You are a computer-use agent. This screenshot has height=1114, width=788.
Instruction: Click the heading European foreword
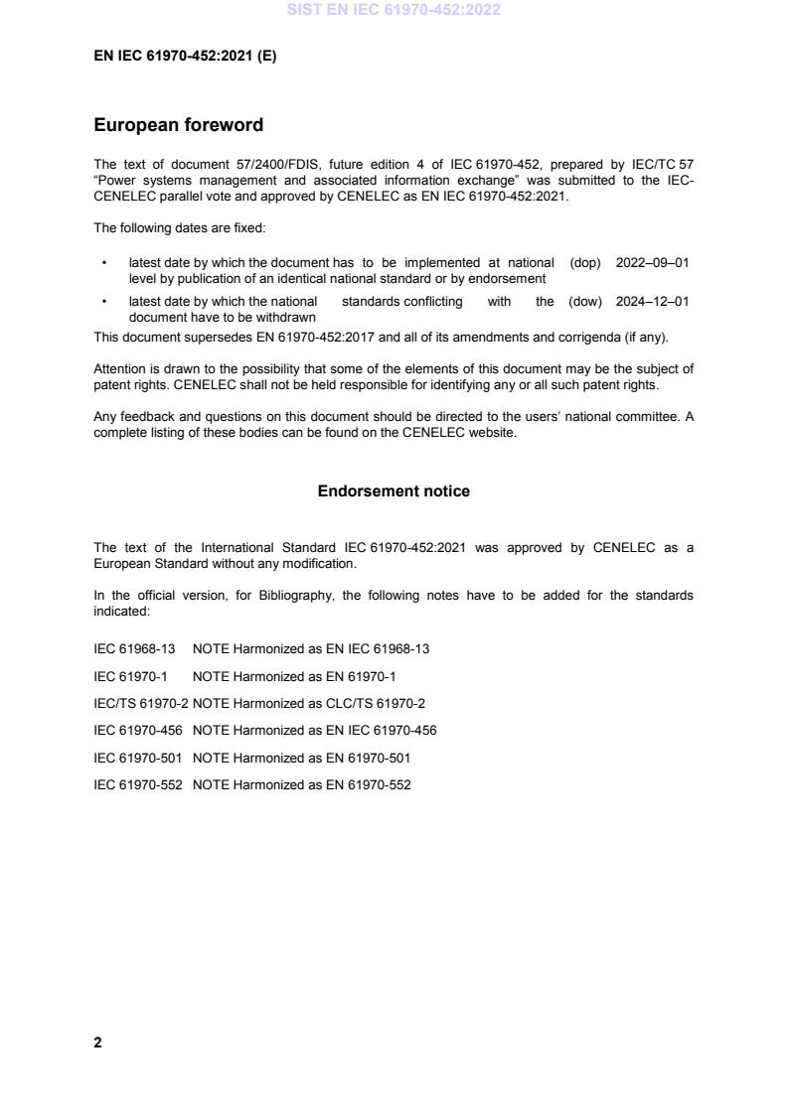[178, 125]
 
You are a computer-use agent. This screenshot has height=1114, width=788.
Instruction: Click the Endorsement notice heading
[394, 491]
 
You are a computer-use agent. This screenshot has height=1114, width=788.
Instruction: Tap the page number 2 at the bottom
[97, 1043]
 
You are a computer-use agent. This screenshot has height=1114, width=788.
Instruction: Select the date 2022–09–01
[653, 263]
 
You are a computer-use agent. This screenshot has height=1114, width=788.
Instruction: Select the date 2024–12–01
[653, 302]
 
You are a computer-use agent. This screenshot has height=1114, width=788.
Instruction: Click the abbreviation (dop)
[585, 263]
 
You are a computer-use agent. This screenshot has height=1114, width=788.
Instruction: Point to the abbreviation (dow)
[585, 302]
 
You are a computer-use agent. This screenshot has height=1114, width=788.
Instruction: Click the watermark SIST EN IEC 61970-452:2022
[394, 10]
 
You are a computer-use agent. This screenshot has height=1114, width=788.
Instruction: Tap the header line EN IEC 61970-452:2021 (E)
[185, 57]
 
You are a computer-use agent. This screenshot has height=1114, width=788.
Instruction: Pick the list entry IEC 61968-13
[134, 649]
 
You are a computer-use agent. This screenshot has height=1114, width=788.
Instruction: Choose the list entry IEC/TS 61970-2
[140, 704]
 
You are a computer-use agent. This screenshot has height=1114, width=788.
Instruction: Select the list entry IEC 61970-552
[137, 785]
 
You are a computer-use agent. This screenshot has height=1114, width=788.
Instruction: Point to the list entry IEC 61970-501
[137, 759]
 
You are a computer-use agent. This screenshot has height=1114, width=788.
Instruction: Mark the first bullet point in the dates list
[104, 264]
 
